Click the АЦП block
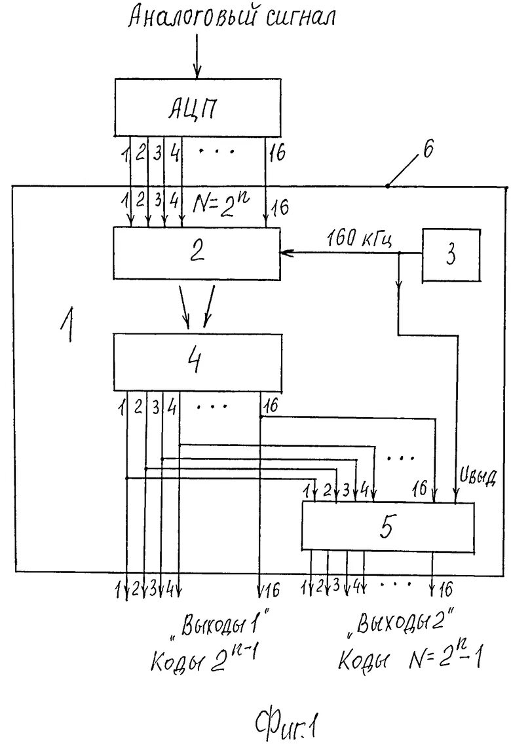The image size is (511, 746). pyautogui.click(x=193, y=107)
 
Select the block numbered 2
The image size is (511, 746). pyautogui.click(x=196, y=253)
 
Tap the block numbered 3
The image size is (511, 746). pyautogui.click(x=451, y=255)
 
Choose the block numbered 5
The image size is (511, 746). pyautogui.click(x=387, y=526)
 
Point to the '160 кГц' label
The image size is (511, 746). pyautogui.click(x=360, y=238)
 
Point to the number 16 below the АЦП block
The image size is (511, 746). pyautogui.click(x=277, y=155)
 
